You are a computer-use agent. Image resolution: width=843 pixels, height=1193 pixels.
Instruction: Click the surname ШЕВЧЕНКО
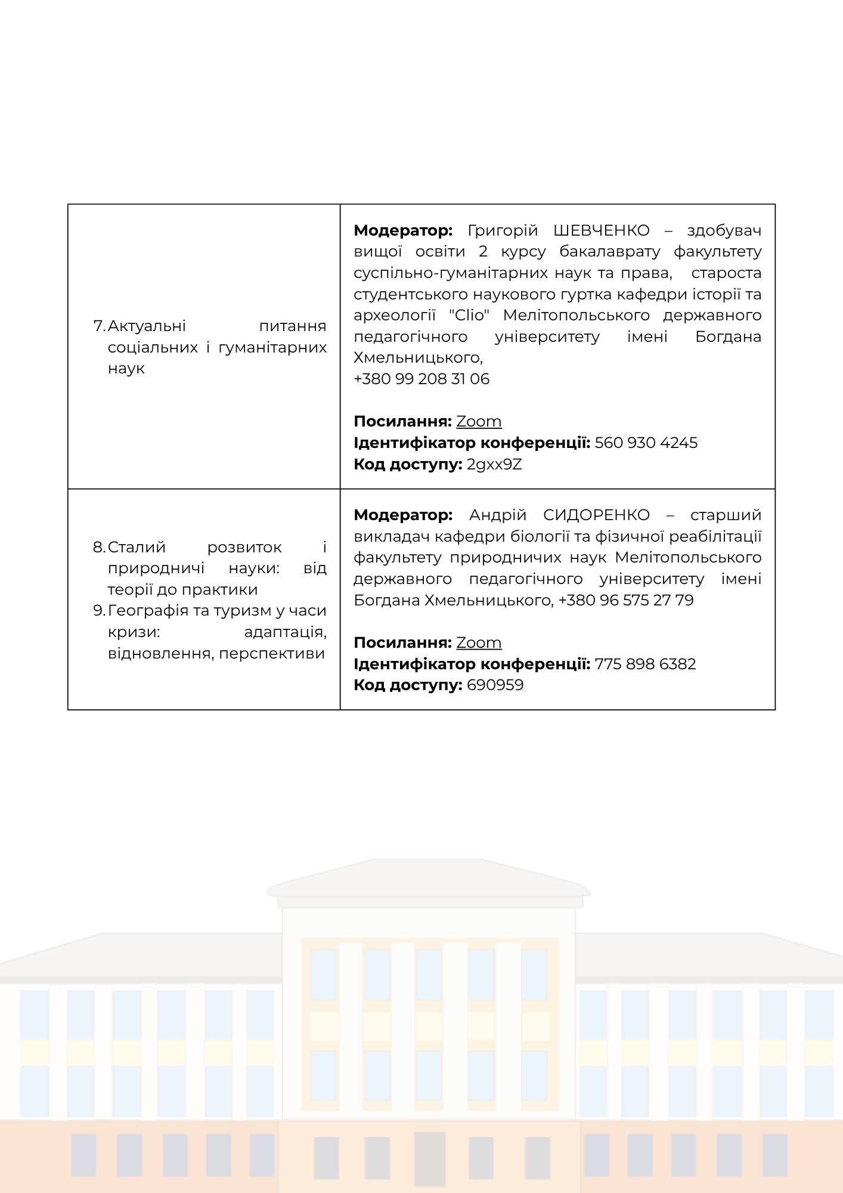coord(601,230)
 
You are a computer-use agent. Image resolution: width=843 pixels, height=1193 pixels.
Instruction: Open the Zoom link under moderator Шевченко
coord(479,422)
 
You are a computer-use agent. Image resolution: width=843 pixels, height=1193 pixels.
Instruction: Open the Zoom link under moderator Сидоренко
coord(479,642)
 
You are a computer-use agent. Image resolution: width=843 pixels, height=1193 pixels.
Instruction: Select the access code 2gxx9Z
coord(494,464)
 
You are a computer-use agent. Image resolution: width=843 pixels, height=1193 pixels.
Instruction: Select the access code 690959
coord(495,685)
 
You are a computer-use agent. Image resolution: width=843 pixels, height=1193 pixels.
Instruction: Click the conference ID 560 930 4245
coord(646,443)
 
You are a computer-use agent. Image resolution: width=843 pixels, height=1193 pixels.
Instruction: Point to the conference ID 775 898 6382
coord(645,664)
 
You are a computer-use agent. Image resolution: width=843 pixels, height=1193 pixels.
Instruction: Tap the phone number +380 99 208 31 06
coord(421,379)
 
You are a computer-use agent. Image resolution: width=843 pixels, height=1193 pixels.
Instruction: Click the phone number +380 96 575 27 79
coord(626,600)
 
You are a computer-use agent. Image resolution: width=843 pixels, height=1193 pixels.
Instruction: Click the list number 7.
coord(99,326)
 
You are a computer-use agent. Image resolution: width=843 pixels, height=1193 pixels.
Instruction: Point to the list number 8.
coord(99,547)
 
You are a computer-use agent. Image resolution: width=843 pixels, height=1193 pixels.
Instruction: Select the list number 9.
coord(99,611)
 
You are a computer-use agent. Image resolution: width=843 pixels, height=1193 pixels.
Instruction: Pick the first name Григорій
coord(503,230)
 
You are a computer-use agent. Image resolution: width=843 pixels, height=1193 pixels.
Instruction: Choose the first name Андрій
coord(498,515)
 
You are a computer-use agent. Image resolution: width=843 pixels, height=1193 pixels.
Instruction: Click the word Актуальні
coord(147,326)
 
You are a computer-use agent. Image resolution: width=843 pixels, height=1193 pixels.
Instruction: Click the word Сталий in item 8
coord(137,547)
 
